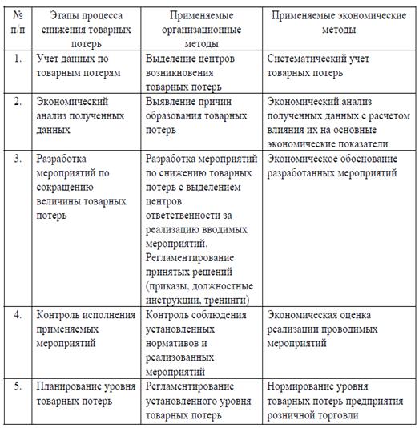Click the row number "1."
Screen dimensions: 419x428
tap(18, 59)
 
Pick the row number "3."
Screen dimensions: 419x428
tap(18, 159)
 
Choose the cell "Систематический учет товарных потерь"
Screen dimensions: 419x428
tap(324, 66)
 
